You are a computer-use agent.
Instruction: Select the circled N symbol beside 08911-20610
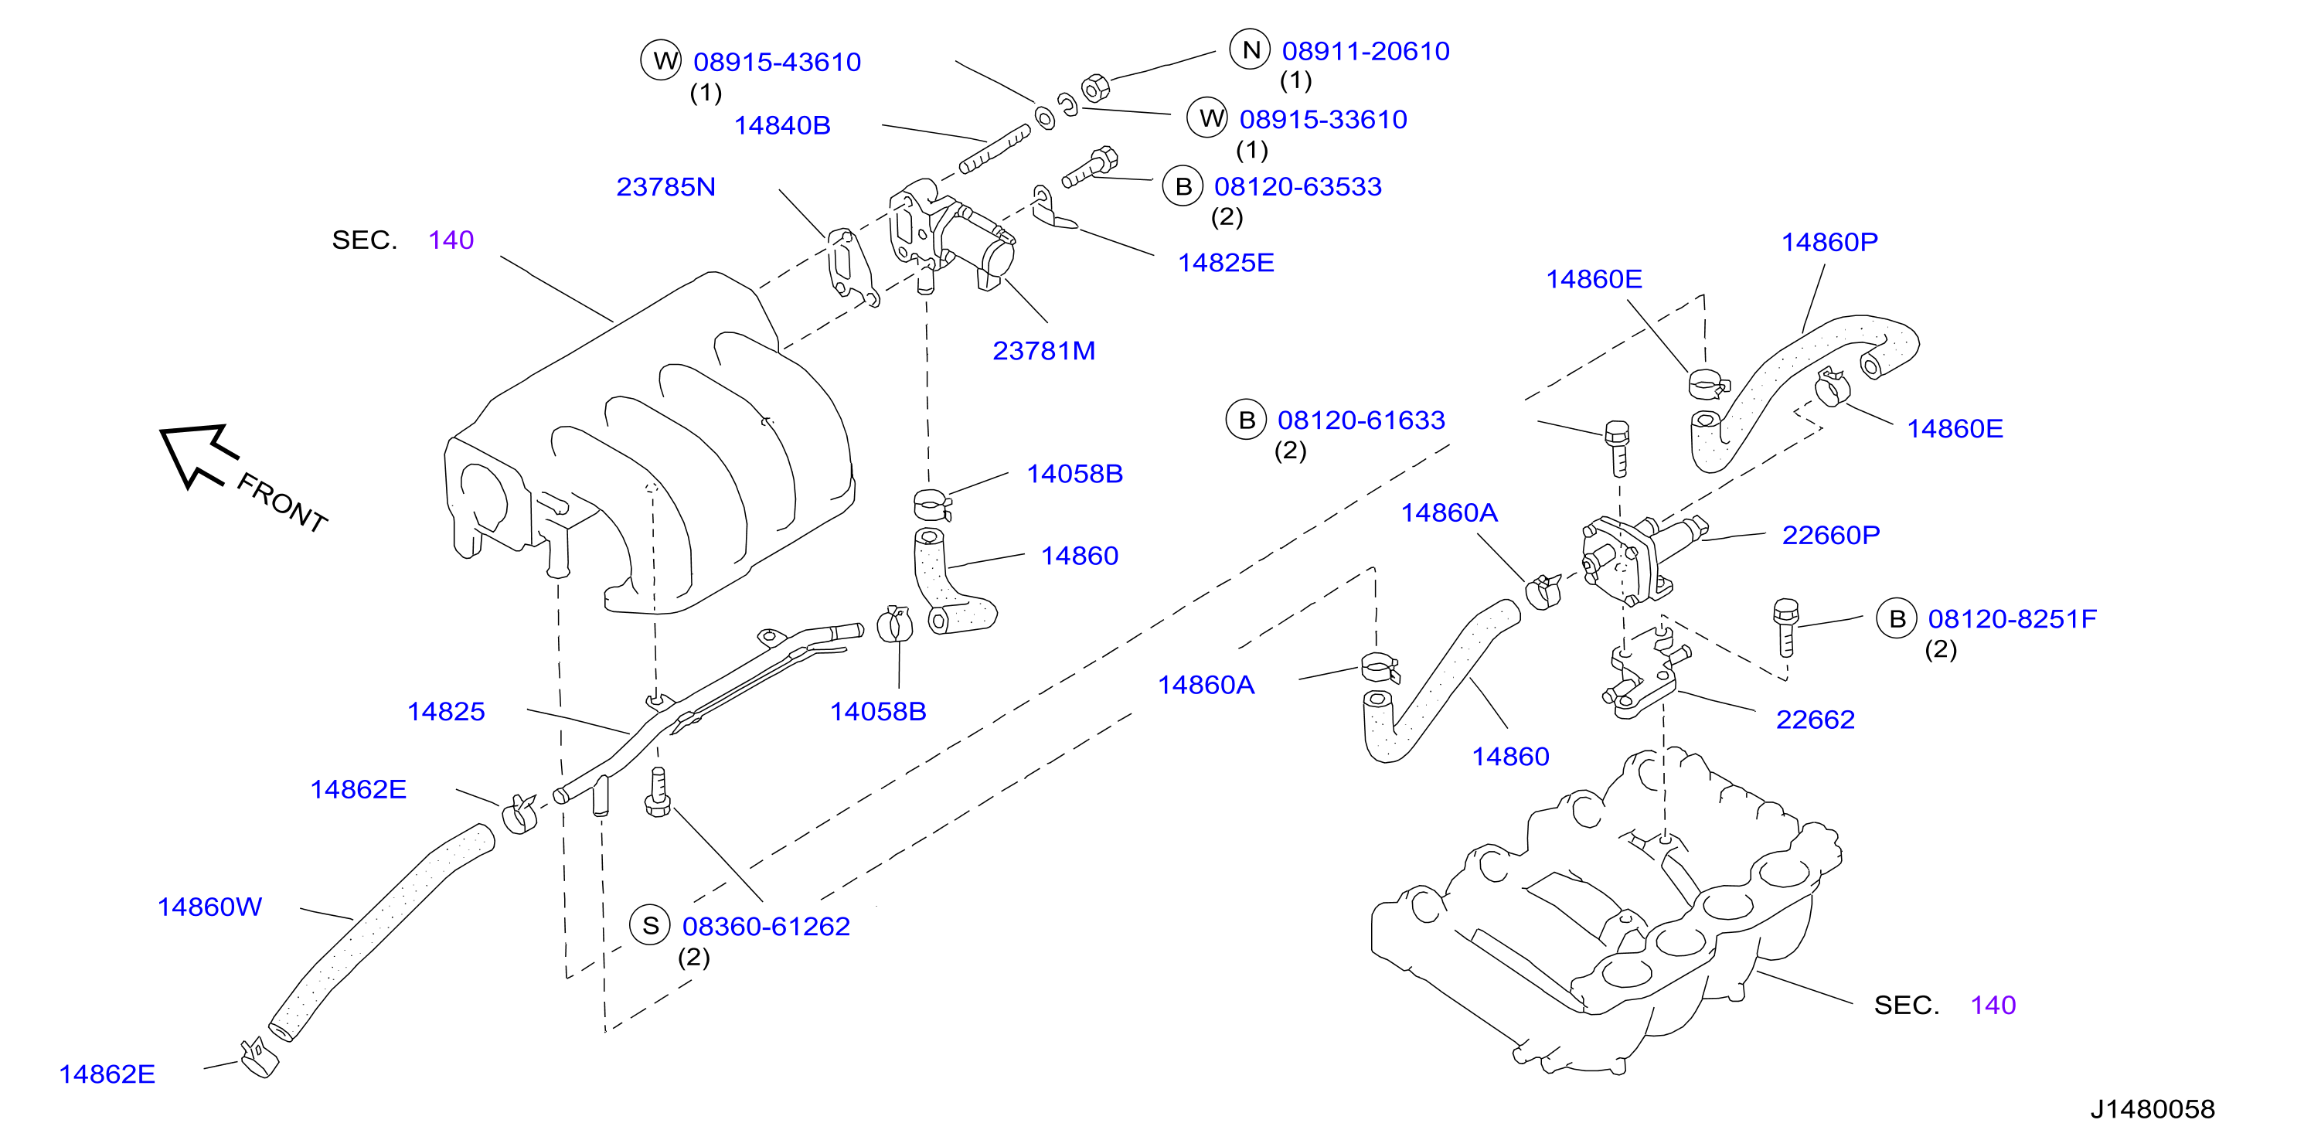[1251, 50]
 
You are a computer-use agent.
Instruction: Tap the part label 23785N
[665, 186]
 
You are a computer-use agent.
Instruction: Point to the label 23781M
[1043, 350]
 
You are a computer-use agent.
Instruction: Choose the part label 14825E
[1225, 262]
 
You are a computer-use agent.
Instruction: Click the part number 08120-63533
[1298, 186]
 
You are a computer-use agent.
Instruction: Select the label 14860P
[1829, 242]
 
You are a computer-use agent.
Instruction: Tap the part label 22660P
[1831, 535]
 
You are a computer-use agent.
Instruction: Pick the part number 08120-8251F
[2012, 618]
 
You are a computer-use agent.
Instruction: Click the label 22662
[1815, 720]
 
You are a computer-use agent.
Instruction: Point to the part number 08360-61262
[766, 926]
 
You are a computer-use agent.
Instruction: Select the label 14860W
[209, 907]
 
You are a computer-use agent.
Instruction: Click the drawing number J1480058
[2152, 1109]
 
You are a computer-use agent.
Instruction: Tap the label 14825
[445, 711]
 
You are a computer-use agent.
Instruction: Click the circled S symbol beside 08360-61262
[650, 925]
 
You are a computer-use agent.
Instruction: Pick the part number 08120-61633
[1361, 420]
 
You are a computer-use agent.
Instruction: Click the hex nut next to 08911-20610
[1096, 87]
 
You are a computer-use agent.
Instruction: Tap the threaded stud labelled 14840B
[995, 149]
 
